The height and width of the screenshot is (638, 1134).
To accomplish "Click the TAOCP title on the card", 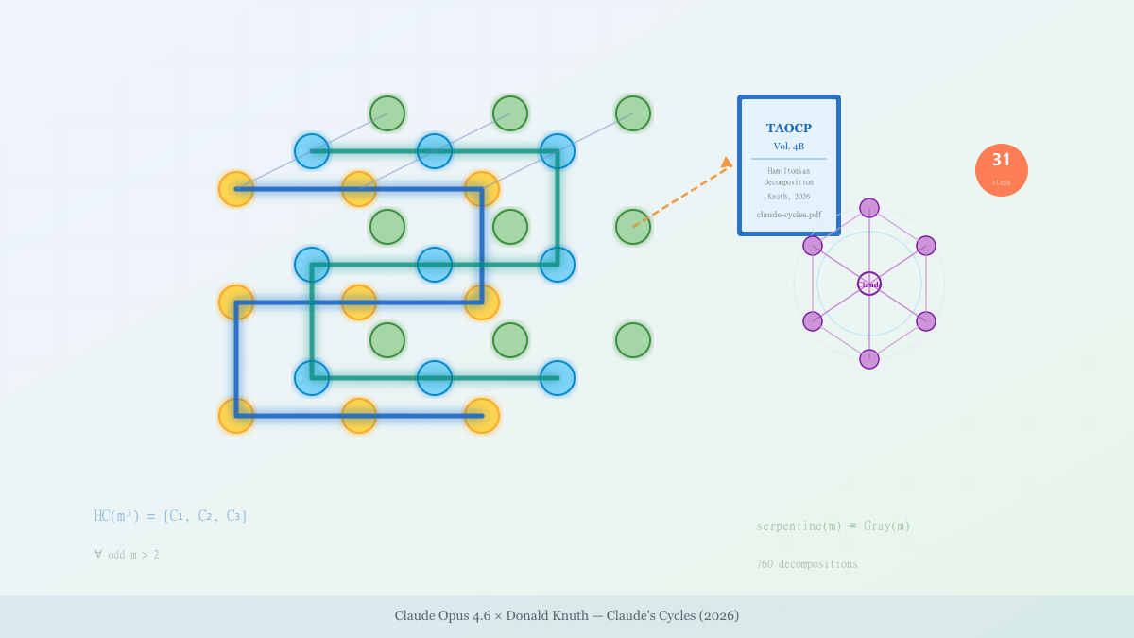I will (x=788, y=129).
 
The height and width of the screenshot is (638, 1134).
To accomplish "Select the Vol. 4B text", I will (x=788, y=147).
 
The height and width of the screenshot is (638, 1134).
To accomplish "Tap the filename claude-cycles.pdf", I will (x=788, y=215).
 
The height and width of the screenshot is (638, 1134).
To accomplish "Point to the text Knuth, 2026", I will (x=788, y=197).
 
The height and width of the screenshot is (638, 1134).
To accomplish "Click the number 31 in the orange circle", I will (x=1002, y=161).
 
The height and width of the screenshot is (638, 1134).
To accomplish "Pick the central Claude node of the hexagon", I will (x=869, y=284).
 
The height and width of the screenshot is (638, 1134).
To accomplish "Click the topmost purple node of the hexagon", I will (x=869, y=208).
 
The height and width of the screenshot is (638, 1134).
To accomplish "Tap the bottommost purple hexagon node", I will (x=869, y=359).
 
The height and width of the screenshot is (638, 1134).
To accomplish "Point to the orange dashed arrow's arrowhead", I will (x=727, y=163).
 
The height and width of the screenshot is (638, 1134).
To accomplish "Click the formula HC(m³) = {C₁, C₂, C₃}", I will (x=171, y=516).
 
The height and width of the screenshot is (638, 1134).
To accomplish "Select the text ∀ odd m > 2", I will (x=127, y=555).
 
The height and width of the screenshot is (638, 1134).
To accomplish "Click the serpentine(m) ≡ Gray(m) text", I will (x=833, y=526).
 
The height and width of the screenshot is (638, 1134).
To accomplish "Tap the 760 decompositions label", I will (x=806, y=564).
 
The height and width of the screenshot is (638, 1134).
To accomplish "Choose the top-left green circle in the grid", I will (x=387, y=113).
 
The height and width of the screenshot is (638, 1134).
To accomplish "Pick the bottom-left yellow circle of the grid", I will (x=236, y=416).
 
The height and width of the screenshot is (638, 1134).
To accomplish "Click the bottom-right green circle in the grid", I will (x=633, y=340).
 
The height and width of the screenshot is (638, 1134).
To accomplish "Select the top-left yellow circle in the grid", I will (x=236, y=189).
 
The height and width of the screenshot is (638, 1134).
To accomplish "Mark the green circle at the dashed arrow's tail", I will (x=633, y=227).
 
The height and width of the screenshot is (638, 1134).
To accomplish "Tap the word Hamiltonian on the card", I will (x=788, y=171).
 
